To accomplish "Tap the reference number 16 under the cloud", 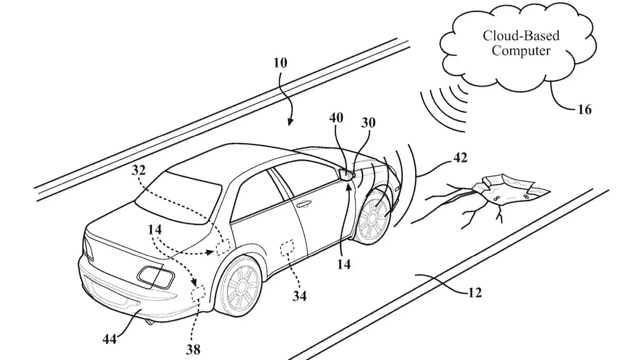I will tap(584, 110).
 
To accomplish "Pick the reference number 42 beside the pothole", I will tap(459, 159).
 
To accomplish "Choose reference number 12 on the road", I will tap(474, 293).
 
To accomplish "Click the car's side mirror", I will tap(345, 174).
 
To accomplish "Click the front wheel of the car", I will tap(374, 216).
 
